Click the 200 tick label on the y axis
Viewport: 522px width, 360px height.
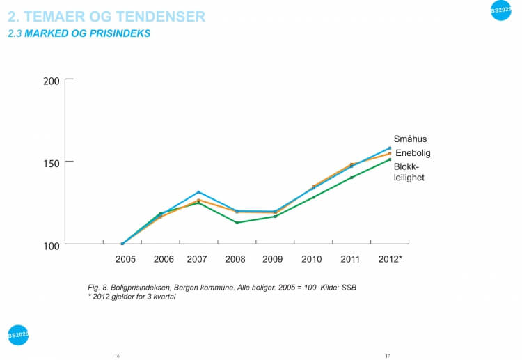[x=51, y=81]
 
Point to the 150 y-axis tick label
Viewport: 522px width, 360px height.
[x=51, y=162]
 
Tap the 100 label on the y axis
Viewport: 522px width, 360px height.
[x=51, y=244]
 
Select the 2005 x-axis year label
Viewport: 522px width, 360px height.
[x=125, y=259]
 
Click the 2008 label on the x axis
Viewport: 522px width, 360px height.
[x=235, y=259]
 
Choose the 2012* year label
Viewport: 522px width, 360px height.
[x=390, y=259]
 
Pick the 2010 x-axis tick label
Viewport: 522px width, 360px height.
[x=312, y=259]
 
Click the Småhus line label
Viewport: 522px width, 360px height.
[x=410, y=139]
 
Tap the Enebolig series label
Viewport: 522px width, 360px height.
[x=413, y=153]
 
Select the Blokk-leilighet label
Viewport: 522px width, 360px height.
[x=409, y=172]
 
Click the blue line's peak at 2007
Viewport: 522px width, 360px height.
[x=198, y=192]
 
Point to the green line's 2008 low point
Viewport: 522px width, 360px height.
[x=237, y=223]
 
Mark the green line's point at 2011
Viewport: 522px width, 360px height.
[x=351, y=178]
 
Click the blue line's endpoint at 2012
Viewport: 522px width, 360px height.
[x=389, y=148]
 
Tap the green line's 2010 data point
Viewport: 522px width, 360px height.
[x=313, y=197]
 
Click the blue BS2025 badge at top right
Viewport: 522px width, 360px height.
[x=500, y=10]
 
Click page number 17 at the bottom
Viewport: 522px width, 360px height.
[x=388, y=356]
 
